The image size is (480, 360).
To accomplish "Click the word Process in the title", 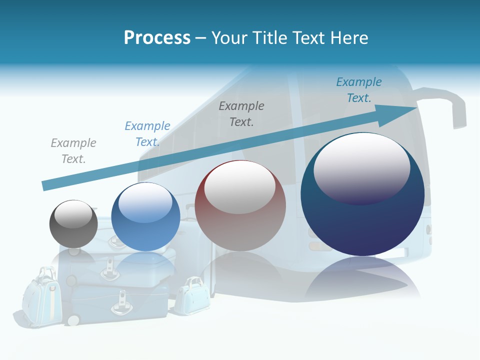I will [x=157, y=38].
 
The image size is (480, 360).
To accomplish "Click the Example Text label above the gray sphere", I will [x=73, y=151].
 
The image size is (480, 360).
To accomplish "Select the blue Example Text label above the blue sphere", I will [x=147, y=134].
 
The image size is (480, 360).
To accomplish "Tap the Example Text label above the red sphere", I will [x=241, y=113].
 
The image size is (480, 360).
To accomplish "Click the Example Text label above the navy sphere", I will [x=359, y=89].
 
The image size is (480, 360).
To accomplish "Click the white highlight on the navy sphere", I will [x=362, y=167].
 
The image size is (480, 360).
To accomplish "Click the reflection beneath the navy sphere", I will [x=362, y=280].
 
